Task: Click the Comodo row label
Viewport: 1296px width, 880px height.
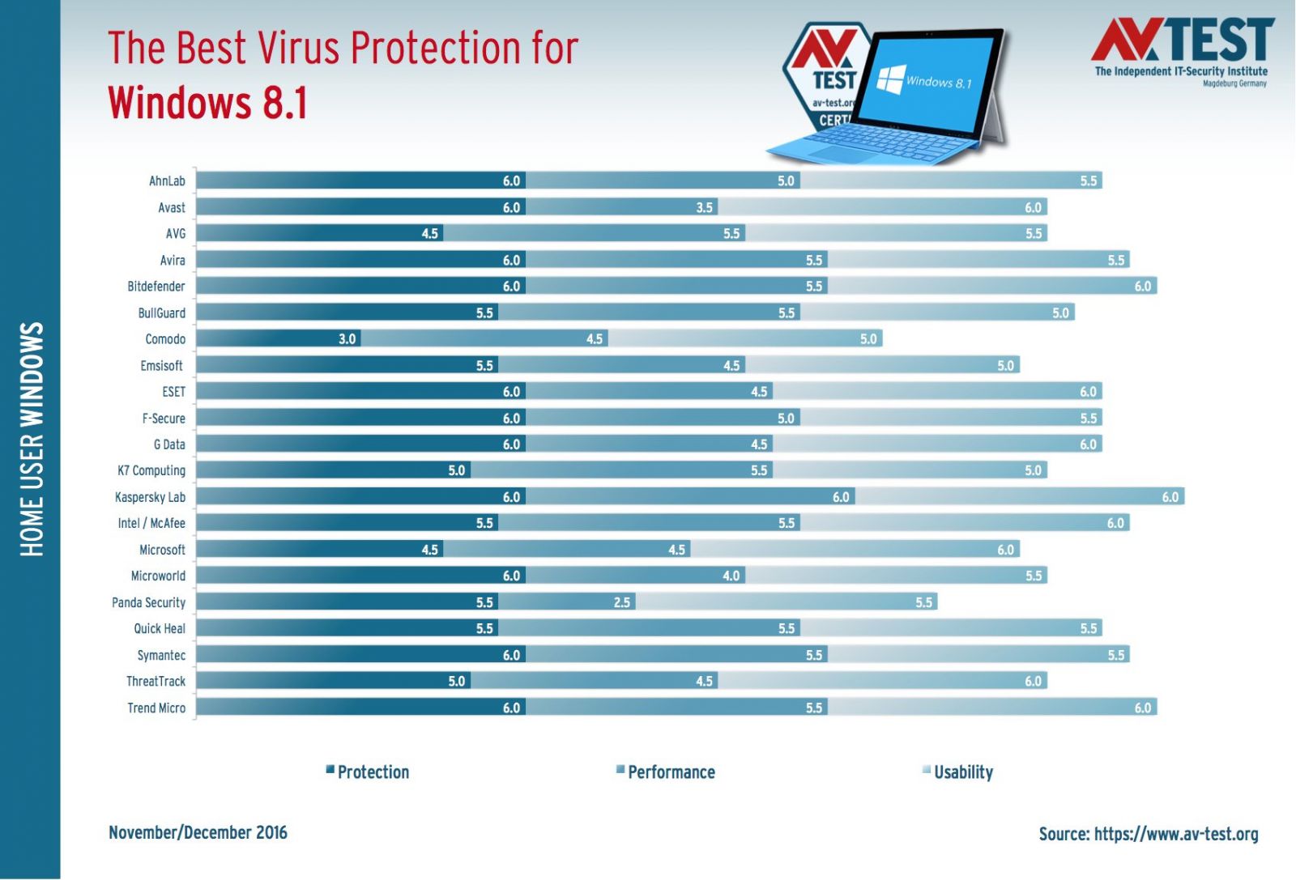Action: (x=165, y=339)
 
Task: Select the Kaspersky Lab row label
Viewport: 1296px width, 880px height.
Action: (x=150, y=497)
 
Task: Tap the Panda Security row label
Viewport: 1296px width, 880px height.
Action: (x=148, y=602)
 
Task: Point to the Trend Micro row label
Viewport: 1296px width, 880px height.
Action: (x=156, y=708)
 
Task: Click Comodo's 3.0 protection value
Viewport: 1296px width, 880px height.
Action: (x=347, y=339)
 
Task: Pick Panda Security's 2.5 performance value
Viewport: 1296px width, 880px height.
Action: (x=622, y=602)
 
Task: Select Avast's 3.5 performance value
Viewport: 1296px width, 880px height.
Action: (x=705, y=208)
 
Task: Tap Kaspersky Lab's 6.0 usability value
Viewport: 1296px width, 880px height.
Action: (x=1170, y=497)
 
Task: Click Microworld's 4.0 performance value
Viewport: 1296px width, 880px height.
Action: (x=731, y=576)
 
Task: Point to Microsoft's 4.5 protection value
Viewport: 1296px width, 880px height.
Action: (x=430, y=550)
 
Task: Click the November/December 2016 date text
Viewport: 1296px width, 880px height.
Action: (x=198, y=833)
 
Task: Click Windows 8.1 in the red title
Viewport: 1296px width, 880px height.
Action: (x=208, y=104)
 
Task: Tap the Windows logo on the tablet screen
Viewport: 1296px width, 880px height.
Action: (x=891, y=79)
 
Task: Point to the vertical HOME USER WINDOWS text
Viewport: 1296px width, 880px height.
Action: (x=32, y=440)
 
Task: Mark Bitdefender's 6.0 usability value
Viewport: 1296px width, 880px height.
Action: (x=1143, y=287)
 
